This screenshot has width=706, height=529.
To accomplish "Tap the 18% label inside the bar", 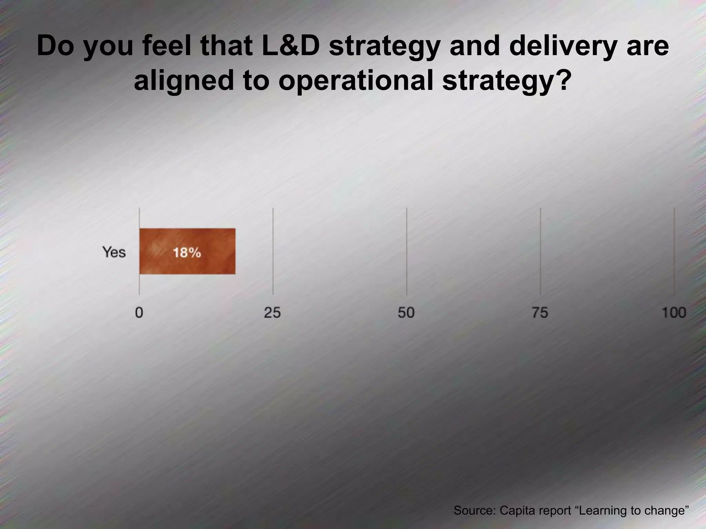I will pyautogui.click(x=187, y=253).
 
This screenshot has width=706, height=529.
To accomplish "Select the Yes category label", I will pyautogui.click(x=114, y=252).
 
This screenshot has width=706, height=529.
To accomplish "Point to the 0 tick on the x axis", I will pyautogui.click(x=139, y=313).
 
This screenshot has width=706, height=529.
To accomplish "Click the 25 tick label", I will pyautogui.click(x=272, y=313).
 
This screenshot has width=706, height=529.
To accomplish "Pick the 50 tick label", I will pyautogui.click(x=406, y=313).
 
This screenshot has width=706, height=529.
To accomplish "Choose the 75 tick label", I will pyautogui.click(x=539, y=313).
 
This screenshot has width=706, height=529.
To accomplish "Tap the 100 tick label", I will pyautogui.click(x=674, y=313).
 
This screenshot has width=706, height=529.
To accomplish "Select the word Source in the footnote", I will pyautogui.click(x=474, y=510).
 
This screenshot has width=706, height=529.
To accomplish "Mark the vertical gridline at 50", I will pyautogui.click(x=406, y=251).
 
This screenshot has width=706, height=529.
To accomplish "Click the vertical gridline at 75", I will pyautogui.click(x=540, y=251).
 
